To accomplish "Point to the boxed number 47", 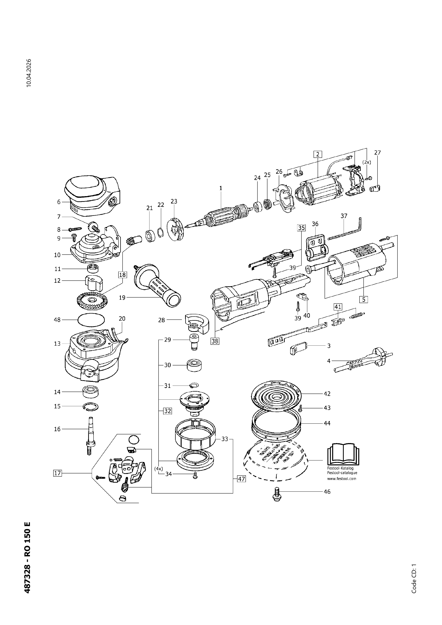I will coord(241,479).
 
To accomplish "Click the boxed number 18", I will coord(122,275).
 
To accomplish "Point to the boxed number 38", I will coord(215,341).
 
